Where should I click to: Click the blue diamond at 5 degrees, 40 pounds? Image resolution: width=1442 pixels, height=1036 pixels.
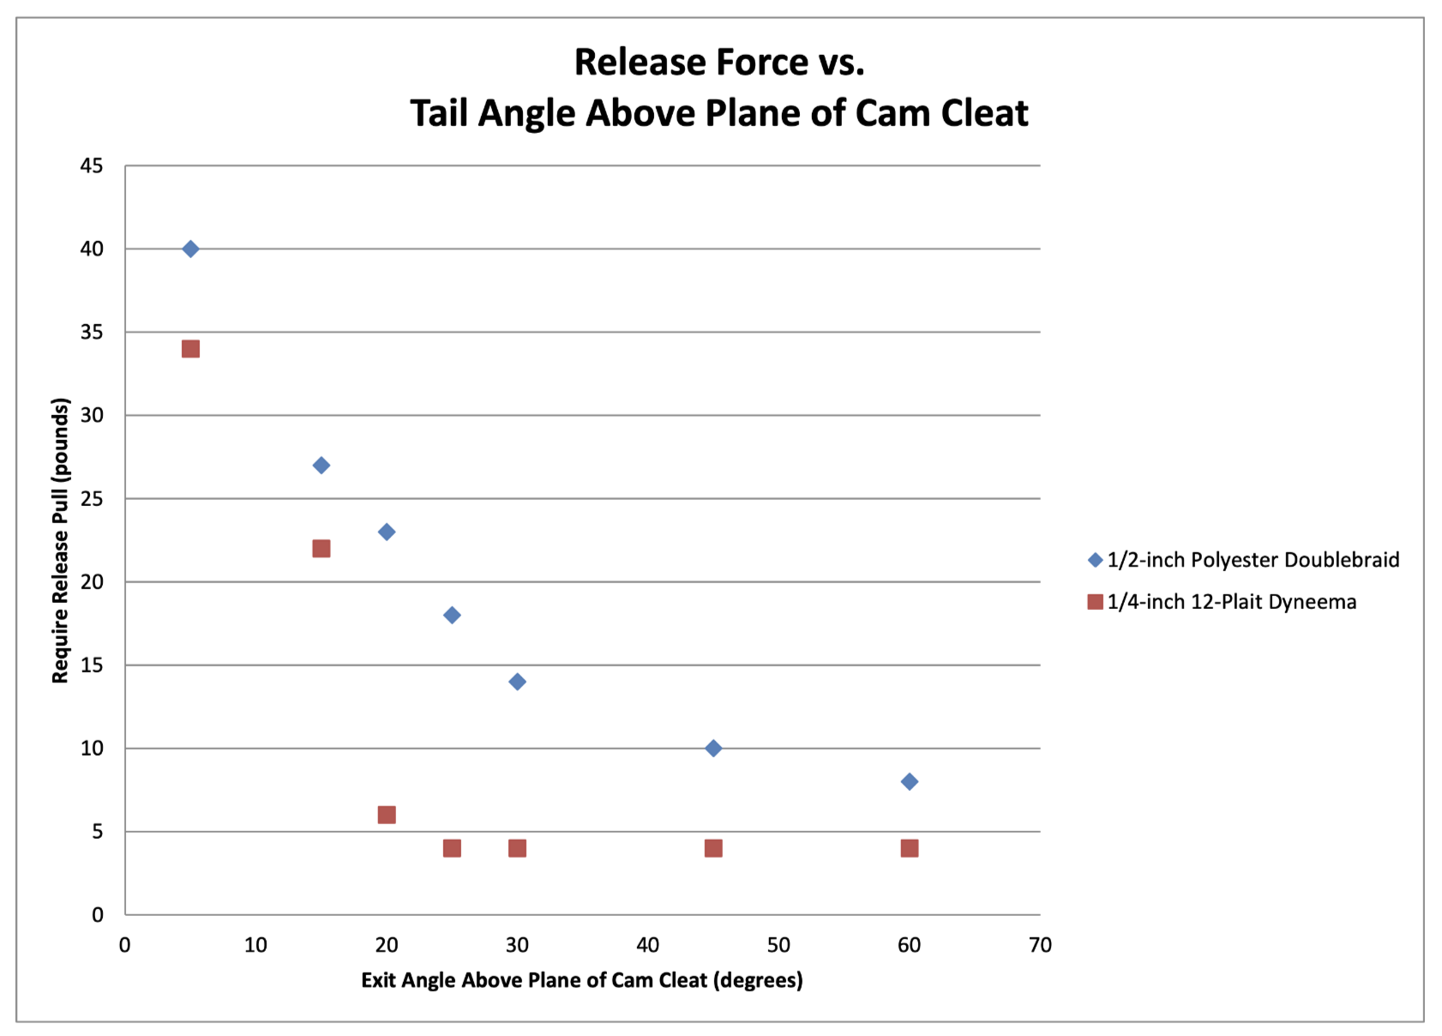(x=190, y=249)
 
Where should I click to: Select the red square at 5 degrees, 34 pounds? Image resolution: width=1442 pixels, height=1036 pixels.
(x=190, y=349)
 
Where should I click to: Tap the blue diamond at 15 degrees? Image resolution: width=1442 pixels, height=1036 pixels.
(x=321, y=466)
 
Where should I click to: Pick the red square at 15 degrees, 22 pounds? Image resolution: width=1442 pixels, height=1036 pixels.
(x=321, y=549)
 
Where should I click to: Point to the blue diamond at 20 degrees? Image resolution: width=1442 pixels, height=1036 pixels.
(x=387, y=532)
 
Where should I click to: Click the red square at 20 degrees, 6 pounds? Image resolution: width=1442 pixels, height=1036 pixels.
(x=387, y=815)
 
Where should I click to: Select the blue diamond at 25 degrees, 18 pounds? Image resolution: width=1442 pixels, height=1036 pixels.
(x=452, y=615)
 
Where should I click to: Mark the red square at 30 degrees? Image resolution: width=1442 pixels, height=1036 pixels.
(x=517, y=848)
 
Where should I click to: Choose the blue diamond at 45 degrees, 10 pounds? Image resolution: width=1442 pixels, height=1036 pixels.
(x=713, y=749)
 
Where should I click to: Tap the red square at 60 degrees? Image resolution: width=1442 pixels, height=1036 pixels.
(x=910, y=848)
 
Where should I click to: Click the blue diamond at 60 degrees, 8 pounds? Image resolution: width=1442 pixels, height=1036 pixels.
(x=910, y=781)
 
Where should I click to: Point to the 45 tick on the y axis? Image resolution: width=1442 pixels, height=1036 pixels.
(x=92, y=166)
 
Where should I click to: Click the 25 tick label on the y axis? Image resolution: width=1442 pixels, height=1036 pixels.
(x=92, y=498)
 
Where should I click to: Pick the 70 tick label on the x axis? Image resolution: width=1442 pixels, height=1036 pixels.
(x=1040, y=945)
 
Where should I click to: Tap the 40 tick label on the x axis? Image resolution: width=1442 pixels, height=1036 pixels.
(x=648, y=945)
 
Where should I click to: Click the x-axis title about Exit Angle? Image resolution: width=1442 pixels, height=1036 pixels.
(x=582, y=980)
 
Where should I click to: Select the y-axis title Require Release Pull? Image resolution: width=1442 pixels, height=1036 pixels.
(x=60, y=540)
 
